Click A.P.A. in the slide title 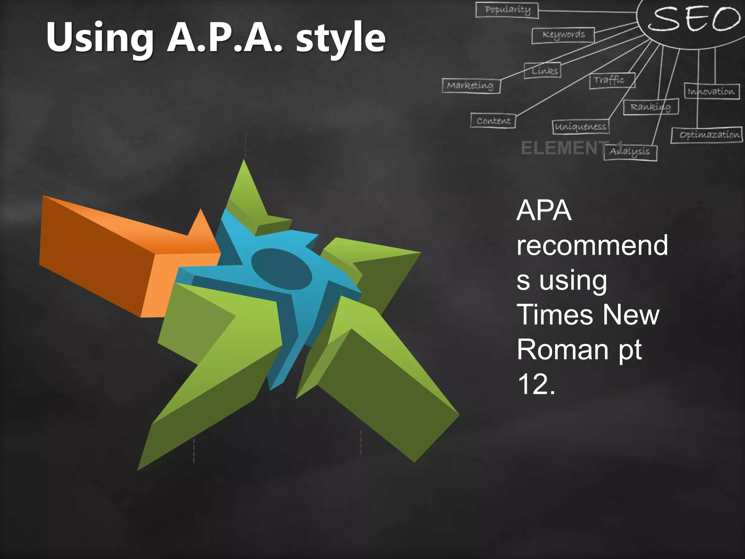pos(224,37)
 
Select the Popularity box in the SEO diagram pos(507,10)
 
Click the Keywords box pos(563,35)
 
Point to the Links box pos(542,71)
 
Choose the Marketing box pos(471,86)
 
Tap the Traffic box pos(612,80)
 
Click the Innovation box pos(712,91)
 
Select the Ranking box pos(651,107)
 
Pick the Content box pos(493,120)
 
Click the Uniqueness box pos(580,127)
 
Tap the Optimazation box pos(706,135)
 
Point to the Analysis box pos(630,152)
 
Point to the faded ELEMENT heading pos(564,148)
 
